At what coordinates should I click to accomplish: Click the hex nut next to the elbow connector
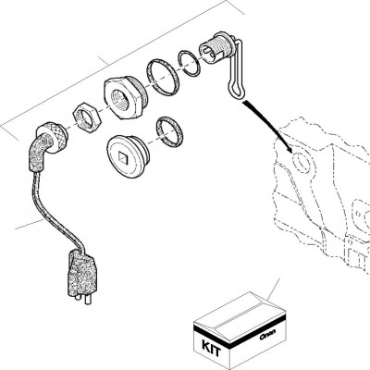[x=85, y=117]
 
